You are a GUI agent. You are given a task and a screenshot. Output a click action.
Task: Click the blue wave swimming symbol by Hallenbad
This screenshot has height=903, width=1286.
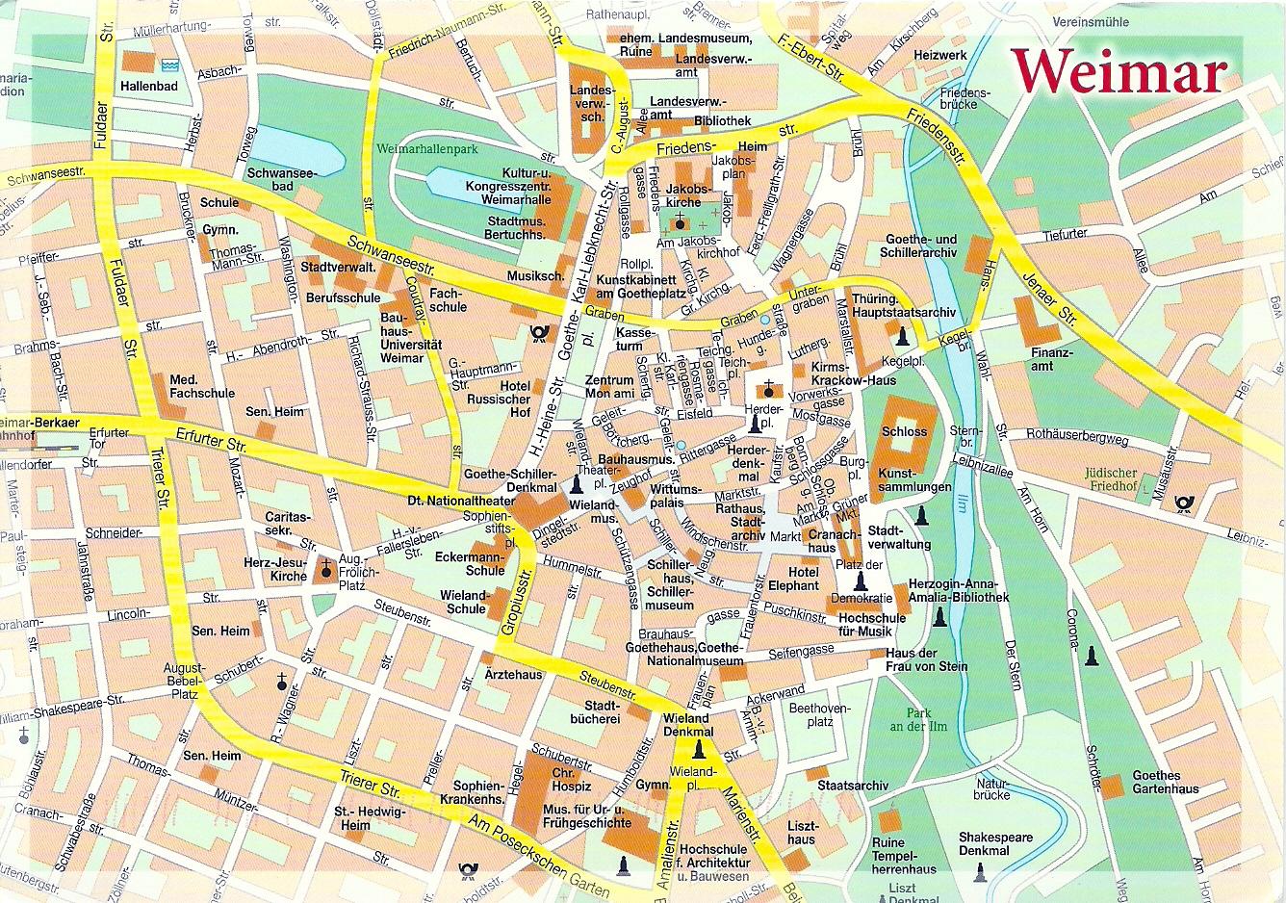pos(170,64)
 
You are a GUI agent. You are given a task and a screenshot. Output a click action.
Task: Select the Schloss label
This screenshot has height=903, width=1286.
pos(904,431)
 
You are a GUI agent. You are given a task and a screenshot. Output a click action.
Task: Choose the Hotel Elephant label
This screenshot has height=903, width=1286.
pos(793,579)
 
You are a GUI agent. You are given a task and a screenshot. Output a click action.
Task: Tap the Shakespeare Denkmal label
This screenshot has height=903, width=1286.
pos(994,843)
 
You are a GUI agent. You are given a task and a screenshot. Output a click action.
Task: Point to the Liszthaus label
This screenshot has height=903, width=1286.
pos(802,833)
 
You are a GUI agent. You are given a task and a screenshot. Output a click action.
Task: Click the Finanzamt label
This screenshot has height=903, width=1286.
pos(1050,359)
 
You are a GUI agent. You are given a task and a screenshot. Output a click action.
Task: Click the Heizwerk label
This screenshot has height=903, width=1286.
pos(940,55)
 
